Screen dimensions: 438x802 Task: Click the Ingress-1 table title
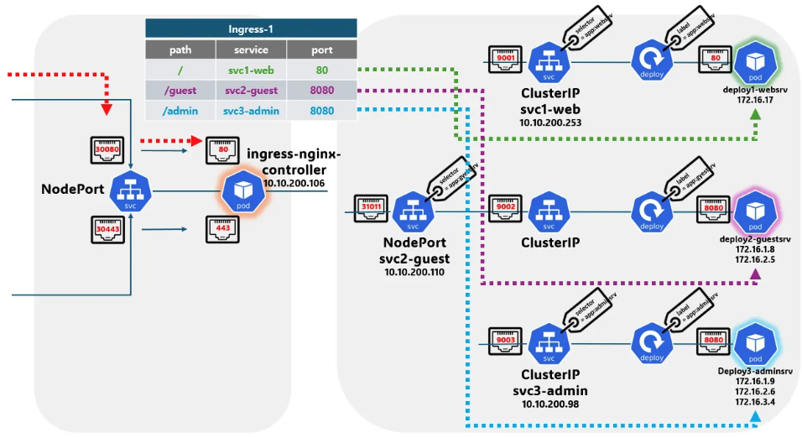[251, 29]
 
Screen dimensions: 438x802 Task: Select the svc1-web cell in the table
[251, 70]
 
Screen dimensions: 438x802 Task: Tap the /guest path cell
[180, 91]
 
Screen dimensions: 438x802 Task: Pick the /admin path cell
[180, 111]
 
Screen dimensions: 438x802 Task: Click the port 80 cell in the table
[321, 70]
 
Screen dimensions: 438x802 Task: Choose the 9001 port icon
[508, 60]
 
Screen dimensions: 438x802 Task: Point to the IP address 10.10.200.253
[550, 123]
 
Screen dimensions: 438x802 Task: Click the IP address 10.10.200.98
[550, 404]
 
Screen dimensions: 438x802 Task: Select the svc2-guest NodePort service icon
[412, 212]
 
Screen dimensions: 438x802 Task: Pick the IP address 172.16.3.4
[754, 403]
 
